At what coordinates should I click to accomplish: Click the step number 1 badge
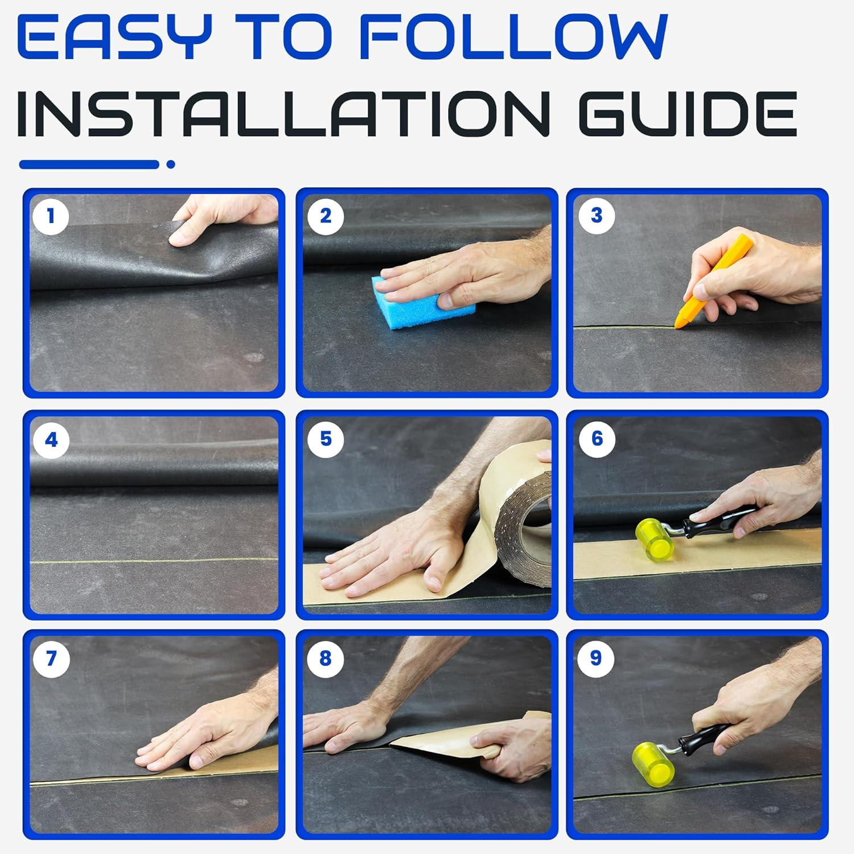[x=51, y=216]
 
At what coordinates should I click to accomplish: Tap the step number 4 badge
[x=51, y=440]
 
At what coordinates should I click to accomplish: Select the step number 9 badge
[x=596, y=658]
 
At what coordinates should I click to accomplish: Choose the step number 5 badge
[x=325, y=439]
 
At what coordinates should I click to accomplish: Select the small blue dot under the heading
[x=170, y=165]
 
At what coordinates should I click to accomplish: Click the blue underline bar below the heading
[x=89, y=165]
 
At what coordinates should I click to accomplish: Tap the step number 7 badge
[x=51, y=659]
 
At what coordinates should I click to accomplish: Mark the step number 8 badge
[x=325, y=658]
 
